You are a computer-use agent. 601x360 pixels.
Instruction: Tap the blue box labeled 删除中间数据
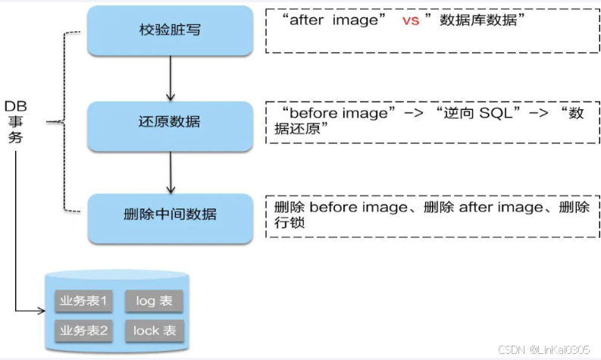[x=170, y=214]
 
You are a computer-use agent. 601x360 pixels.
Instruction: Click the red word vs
[x=410, y=21]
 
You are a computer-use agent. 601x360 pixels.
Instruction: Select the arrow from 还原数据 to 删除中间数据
[x=170, y=171]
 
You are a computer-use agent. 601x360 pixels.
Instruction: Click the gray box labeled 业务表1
[x=84, y=301]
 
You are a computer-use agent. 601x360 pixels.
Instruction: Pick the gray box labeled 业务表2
[x=84, y=330]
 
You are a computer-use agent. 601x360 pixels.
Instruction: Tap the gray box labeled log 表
[x=155, y=301]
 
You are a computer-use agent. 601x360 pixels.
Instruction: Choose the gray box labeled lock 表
[x=155, y=330]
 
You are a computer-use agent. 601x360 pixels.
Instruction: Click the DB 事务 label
[x=16, y=121]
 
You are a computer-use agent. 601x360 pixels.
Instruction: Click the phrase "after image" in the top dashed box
[x=333, y=21]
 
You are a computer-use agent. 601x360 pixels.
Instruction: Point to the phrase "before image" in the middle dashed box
[x=339, y=113]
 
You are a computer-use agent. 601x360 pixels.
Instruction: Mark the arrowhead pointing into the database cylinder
[x=41, y=310]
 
